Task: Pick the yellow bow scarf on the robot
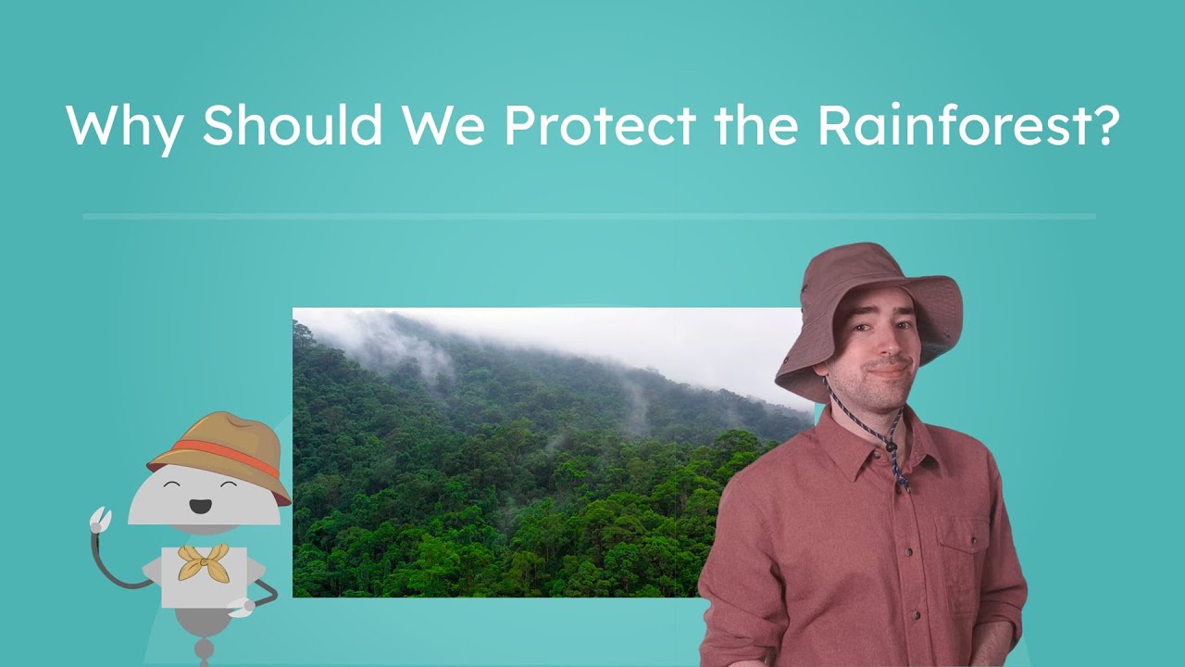(204, 560)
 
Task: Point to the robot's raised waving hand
(100, 520)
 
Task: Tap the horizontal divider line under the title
(589, 217)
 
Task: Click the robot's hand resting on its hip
(243, 607)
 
